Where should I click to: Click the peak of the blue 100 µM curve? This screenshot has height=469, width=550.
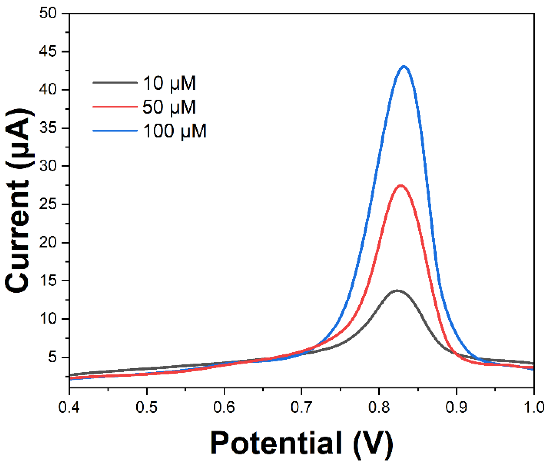click(404, 67)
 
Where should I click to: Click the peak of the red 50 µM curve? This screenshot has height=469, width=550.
click(401, 186)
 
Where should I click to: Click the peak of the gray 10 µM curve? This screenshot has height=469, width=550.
click(397, 291)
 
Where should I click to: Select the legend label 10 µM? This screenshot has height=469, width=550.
click(169, 83)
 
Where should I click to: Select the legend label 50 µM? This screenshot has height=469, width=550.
click(169, 107)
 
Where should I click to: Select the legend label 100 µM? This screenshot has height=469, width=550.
click(175, 131)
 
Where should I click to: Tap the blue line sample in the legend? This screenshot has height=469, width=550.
click(115, 131)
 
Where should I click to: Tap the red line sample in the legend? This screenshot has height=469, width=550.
click(115, 107)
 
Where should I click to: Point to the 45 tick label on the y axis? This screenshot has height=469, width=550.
click(48, 52)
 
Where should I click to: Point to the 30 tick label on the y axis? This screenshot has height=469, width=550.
click(48, 166)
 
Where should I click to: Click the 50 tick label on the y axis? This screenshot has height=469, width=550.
click(48, 13)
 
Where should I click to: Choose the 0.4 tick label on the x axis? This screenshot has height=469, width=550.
click(69, 408)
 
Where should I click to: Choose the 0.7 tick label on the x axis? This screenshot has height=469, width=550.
click(302, 408)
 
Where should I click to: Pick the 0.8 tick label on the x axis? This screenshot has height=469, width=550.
click(379, 408)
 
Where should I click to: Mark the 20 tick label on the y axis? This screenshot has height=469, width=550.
click(48, 242)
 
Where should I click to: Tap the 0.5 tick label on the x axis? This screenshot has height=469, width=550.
click(147, 408)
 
